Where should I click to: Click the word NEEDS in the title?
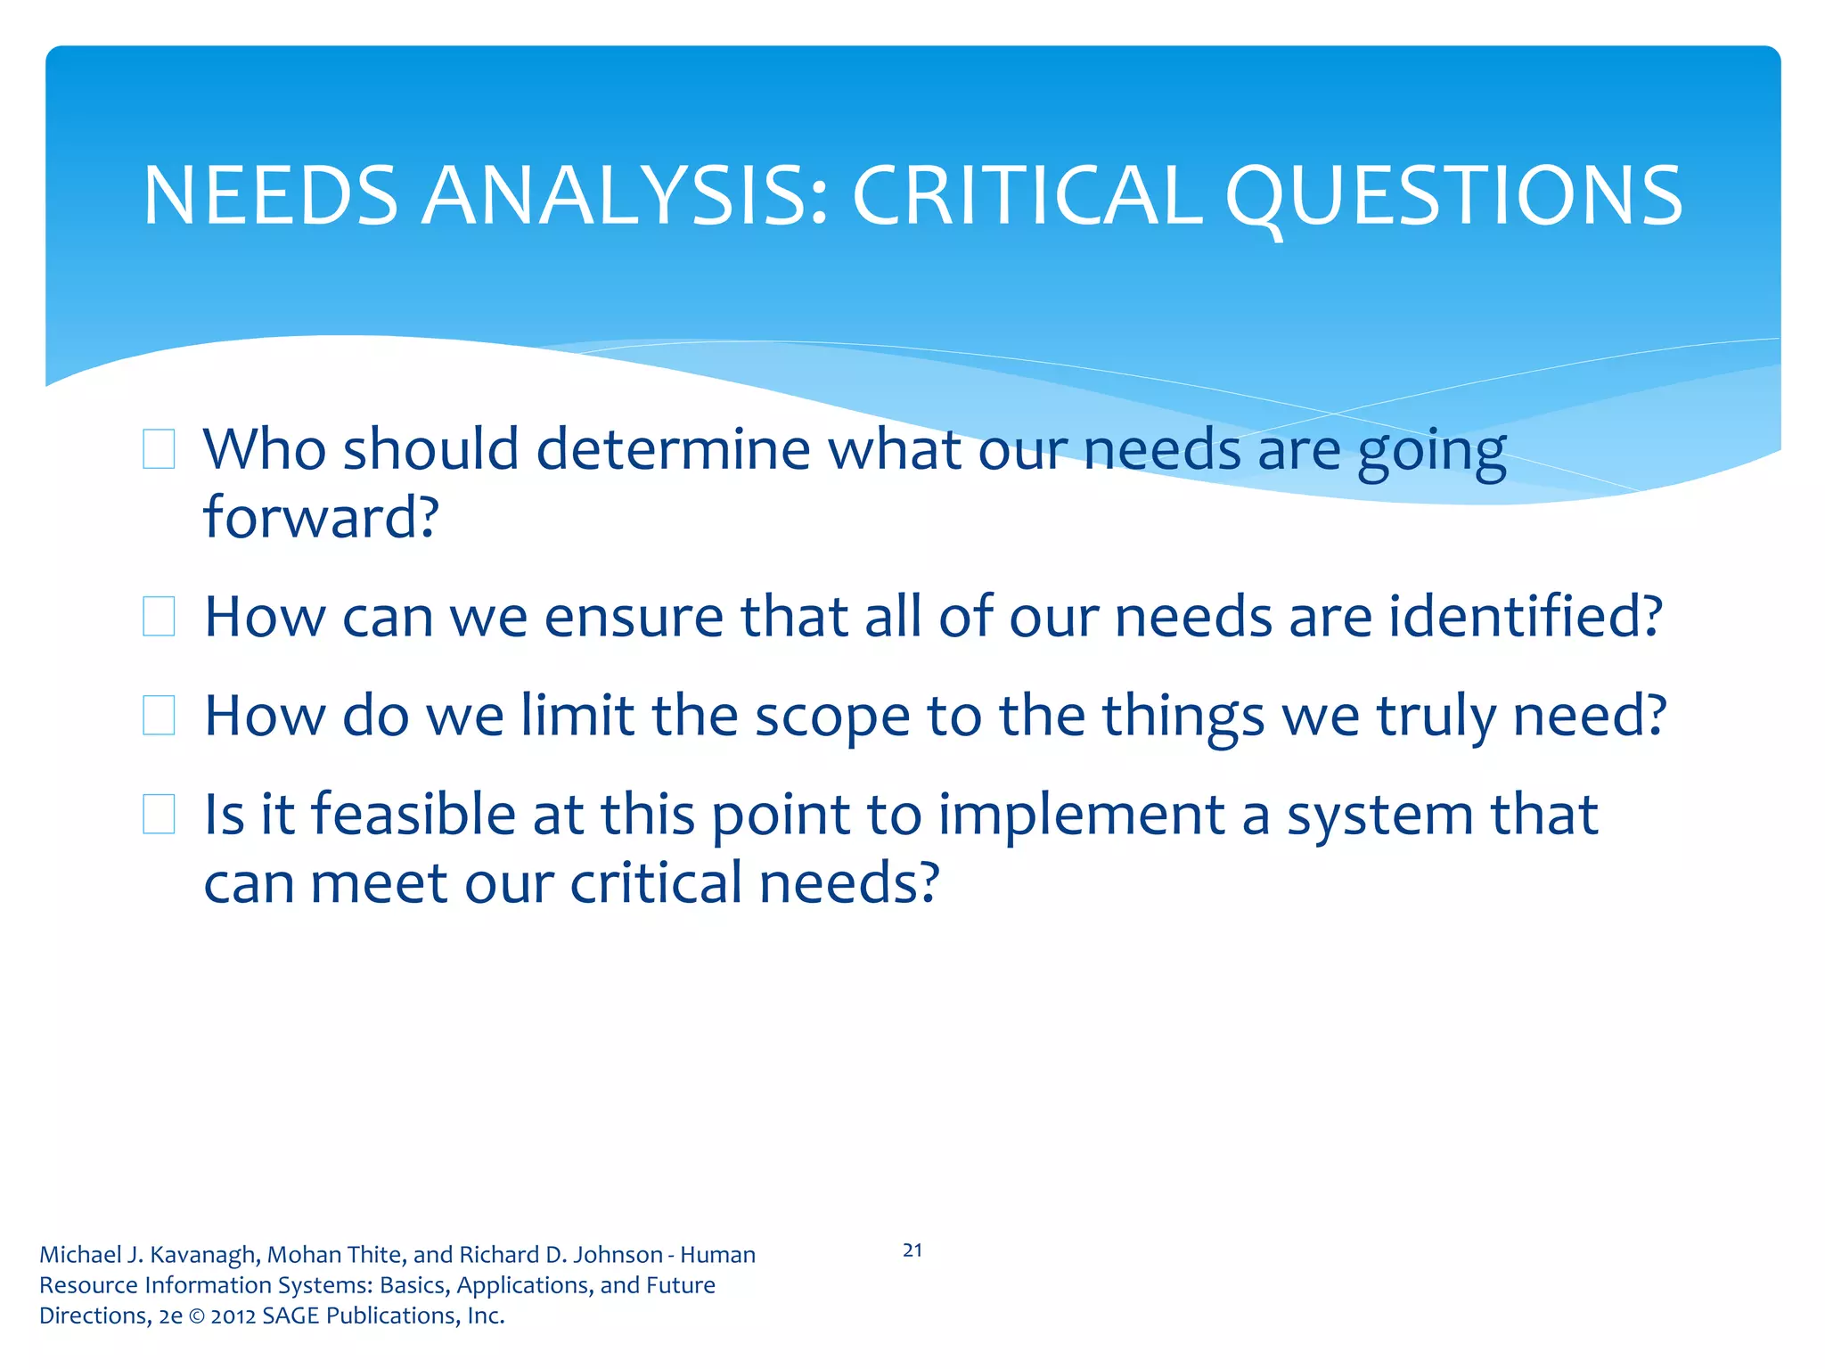click(270, 196)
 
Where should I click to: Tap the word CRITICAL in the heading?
click(1027, 196)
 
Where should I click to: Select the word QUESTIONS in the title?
click(1453, 196)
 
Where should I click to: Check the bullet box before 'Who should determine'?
click(159, 448)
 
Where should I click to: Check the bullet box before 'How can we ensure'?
click(159, 616)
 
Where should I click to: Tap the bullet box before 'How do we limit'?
click(159, 715)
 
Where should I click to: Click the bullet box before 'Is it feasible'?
click(159, 814)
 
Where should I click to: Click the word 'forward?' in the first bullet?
click(321, 517)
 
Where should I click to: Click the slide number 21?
click(912, 1250)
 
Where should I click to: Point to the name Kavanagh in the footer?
click(204, 1255)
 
